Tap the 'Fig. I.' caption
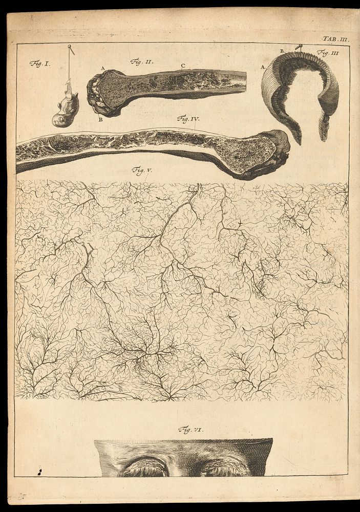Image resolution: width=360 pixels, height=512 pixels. (38, 64)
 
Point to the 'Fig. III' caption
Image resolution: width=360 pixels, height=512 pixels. (325, 52)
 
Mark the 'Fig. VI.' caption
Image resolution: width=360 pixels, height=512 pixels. (190, 430)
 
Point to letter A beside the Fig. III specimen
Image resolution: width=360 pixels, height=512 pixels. (263, 67)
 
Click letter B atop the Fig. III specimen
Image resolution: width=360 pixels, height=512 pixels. (282, 50)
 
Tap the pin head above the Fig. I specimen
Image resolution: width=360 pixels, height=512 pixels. (69, 47)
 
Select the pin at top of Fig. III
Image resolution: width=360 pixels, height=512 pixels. (297, 47)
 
